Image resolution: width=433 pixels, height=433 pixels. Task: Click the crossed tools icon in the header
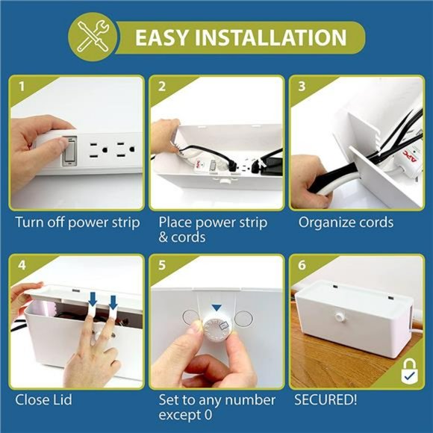point(93,37)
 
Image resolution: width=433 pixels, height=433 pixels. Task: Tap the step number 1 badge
point(22,87)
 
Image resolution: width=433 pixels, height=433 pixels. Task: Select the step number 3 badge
point(302,87)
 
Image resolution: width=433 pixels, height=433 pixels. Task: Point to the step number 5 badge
point(162,265)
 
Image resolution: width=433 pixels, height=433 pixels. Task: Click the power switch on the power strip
point(69,152)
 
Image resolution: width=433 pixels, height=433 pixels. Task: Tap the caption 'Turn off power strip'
point(78,222)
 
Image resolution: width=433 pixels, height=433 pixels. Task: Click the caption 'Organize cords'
point(346,222)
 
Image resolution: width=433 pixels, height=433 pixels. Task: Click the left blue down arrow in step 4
point(93,300)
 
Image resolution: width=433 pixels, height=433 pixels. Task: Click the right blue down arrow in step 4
point(113,302)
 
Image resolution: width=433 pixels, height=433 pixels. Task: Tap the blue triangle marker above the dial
point(216,308)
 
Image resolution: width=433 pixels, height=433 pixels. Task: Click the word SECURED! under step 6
point(325,399)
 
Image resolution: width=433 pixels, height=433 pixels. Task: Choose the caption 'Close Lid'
point(43,400)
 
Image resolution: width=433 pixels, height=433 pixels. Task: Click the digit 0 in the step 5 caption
point(208,415)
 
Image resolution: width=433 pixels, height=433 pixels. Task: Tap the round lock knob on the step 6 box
point(339,317)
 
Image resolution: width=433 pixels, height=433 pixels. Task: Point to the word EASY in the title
point(162,37)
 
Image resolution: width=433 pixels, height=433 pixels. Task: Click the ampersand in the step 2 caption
point(163,237)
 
